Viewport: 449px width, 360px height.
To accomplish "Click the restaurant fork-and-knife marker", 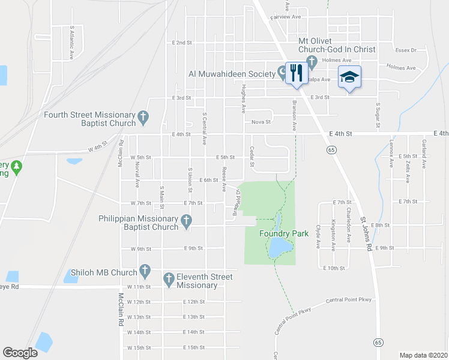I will coord(295,74).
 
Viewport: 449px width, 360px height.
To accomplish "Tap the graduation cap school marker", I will coord(349,77).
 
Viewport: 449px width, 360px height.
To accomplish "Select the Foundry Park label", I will coord(283,233).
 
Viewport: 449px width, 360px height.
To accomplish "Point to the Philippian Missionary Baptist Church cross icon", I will coord(186,223).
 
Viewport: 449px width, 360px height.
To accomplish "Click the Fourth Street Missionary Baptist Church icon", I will coord(143,119).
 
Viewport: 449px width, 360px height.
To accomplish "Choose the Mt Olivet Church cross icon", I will coord(312,61).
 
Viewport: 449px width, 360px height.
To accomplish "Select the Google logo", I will coord(20,353).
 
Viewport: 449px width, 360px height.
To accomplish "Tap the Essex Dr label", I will coord(406,50).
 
